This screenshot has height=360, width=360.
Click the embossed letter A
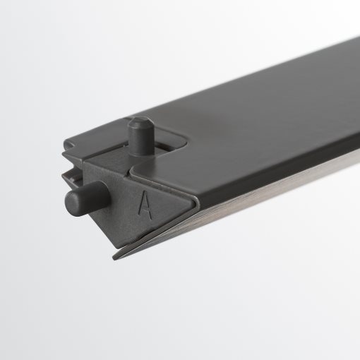145,205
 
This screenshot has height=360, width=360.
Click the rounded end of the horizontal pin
71,202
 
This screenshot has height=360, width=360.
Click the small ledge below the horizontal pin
85,219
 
